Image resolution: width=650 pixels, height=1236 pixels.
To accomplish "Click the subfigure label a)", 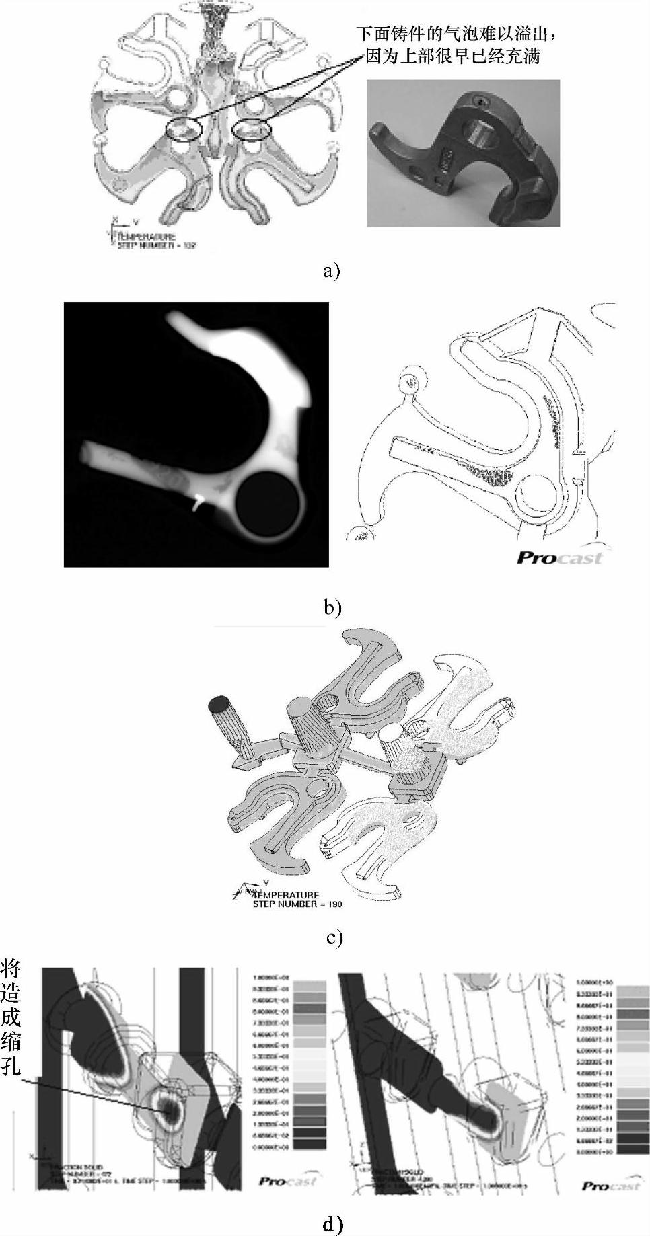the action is click(331, 271).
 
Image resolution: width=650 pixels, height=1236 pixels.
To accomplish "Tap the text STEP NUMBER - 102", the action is click(155, 246).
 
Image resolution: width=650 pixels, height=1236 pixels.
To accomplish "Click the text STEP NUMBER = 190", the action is click(297, 904).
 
